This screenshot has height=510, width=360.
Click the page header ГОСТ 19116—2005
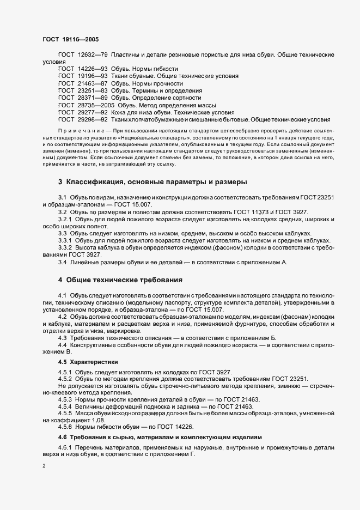coord(70,40)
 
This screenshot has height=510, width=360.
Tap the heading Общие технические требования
coord(124,280)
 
